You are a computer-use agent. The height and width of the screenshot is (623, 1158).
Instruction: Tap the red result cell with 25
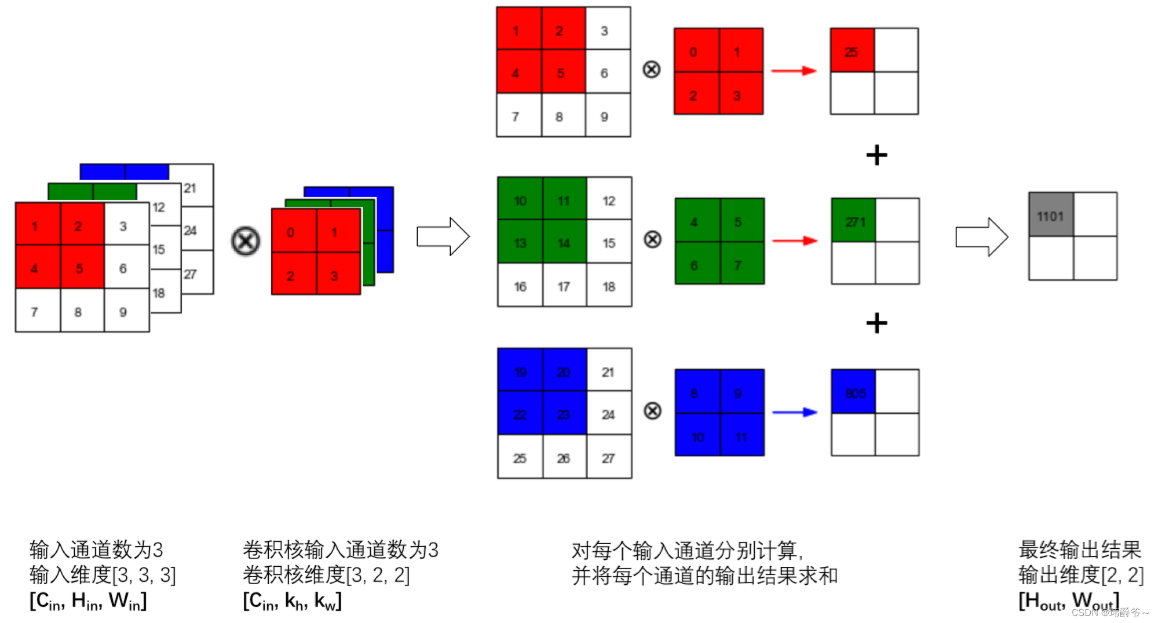(x=852, y=50)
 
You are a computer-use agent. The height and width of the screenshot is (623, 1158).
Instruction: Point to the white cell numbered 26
(x=564, y=457)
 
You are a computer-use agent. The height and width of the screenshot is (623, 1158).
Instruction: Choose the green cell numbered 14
(x=564, y=242)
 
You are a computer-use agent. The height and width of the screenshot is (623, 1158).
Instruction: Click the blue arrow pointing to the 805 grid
(x=794, y=412)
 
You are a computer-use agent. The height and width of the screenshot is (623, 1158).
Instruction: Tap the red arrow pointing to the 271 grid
(x=794, y=241)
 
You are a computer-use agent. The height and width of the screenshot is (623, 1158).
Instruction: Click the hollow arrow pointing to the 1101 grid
(x=981, y=236)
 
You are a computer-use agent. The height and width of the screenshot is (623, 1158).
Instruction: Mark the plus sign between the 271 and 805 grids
(x=876, y=323)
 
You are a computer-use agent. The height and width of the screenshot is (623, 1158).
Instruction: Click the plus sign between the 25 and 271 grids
(x=876, y=155)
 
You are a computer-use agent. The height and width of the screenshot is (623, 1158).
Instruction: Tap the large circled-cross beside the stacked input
(x=246, y=241)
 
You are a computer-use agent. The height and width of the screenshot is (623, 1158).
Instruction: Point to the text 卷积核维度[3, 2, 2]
(x=326, y=575)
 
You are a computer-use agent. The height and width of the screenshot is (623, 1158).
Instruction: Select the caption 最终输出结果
(x=1079, y=549)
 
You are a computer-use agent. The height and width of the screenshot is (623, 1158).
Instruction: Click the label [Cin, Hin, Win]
(x=88, y=600)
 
